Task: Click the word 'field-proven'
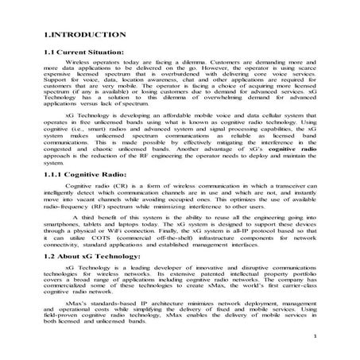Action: point(68,318)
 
